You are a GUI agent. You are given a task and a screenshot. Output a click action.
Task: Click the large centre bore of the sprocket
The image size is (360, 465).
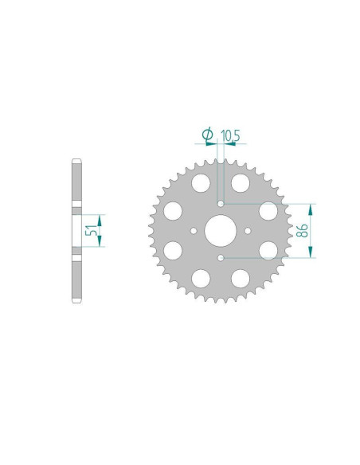click(x=221, y=231)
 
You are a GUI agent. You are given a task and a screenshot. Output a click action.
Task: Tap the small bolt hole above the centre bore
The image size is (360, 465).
click(x=221, y=204)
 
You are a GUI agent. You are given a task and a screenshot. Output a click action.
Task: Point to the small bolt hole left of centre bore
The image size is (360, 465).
click(x=194, y=231)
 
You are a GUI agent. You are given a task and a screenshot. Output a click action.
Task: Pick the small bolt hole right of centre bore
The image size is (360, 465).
click(x=248, y=231)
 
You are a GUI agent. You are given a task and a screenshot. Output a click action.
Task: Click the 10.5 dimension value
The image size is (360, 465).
click(x=231, y=136)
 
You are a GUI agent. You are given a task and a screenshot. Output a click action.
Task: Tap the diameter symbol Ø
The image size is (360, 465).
click(x=208, y=135)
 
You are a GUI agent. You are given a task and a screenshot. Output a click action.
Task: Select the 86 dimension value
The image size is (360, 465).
click(x=302, y=231)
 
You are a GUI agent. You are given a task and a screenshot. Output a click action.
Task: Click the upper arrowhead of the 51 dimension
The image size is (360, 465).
click(x=100, y=217)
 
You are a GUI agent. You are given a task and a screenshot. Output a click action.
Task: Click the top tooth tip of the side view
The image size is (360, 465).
click(x=77, y=162)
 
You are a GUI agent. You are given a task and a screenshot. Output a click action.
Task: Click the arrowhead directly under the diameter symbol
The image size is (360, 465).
click(x=213, y=145)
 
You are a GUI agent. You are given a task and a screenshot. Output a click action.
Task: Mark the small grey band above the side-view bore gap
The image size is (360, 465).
click(x=77, y=207)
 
